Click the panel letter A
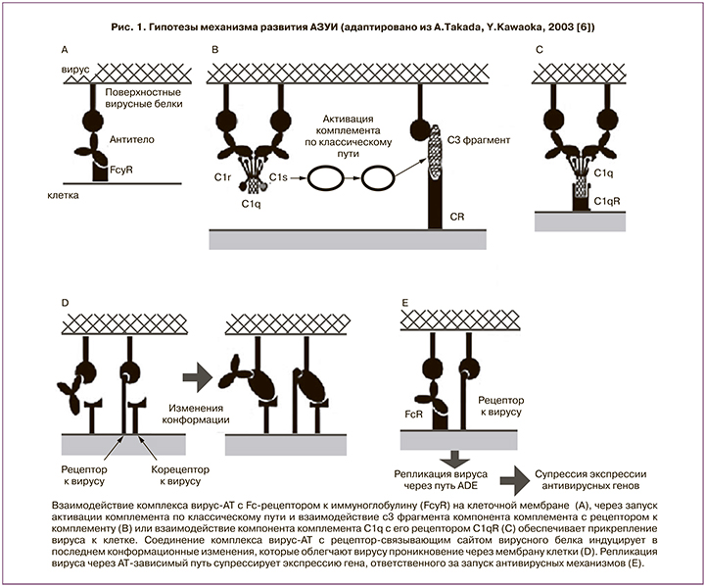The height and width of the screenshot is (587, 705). [x=65, y=48]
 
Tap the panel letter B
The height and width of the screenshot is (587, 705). [x=215, y=48]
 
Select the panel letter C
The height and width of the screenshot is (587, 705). [x=540, y=48]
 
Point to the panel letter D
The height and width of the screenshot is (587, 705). [x=65, y=302]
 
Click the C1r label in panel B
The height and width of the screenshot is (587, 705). [x=222, y=177]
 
